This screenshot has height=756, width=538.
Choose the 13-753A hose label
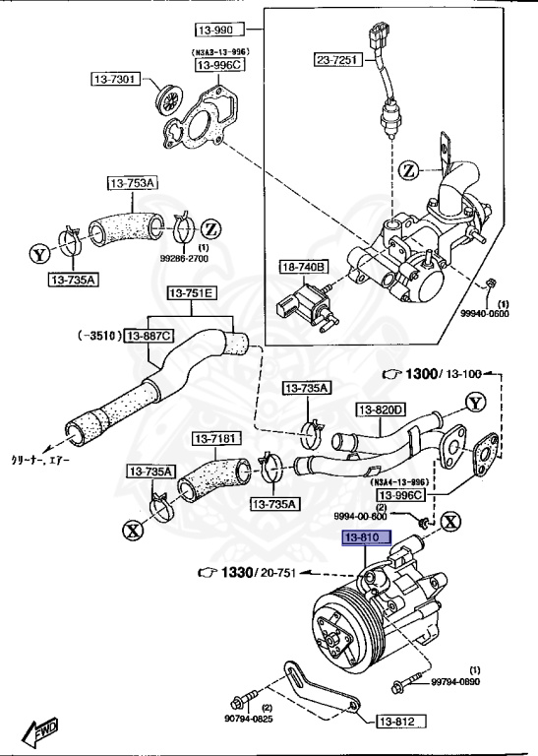[x=134, y=182]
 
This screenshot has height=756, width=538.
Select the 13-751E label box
[x=194, y=293]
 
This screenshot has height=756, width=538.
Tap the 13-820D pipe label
[x=381, y=409]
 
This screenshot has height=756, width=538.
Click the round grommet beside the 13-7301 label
[x=170, y=99]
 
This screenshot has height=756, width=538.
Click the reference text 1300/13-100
[x=438, y=375]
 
